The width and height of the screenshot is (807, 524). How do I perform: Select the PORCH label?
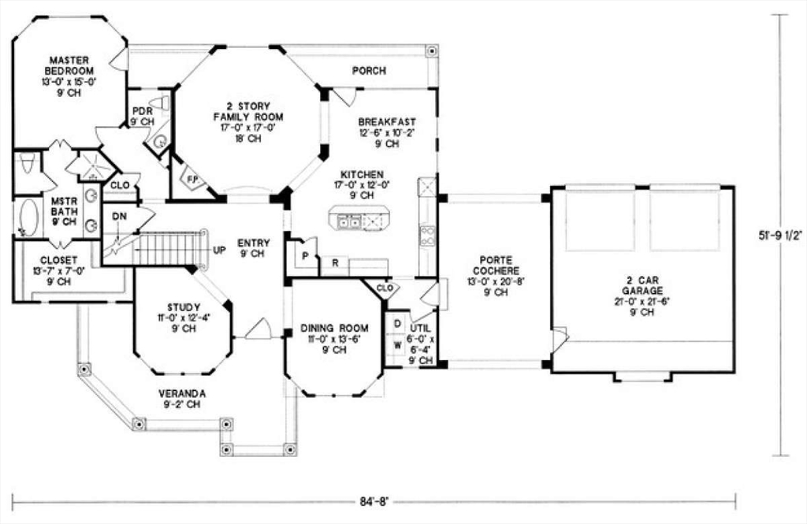[369, 71]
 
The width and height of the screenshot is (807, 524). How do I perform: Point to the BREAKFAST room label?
[386, 122]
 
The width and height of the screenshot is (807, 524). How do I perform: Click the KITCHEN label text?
[362, 174]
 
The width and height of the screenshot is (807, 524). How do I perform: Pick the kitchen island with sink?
[359, 218]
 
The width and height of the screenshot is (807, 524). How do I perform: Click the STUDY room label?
[183, 307]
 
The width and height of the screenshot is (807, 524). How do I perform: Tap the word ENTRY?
[253, 243]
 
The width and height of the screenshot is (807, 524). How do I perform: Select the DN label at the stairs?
[119, 215]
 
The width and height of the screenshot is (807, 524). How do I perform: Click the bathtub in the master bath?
[28, 216]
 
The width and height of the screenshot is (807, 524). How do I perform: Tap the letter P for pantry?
[304, 257]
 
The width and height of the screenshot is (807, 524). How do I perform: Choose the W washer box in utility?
[397, 344]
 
